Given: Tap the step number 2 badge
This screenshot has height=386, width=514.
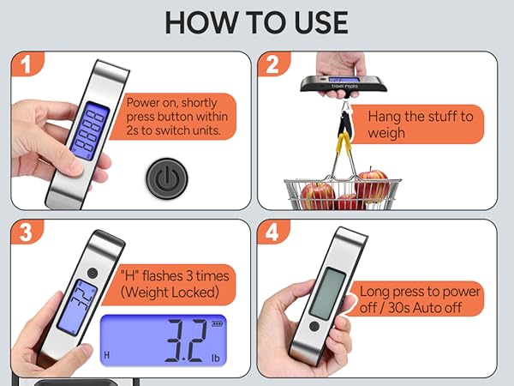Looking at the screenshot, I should click(272, 65).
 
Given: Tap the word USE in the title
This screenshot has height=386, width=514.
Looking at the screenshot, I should click(316, 21).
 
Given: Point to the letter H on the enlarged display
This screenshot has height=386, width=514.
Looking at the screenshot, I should click(107, 353).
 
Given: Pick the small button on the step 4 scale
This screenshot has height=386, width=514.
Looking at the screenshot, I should click(314, 326).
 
